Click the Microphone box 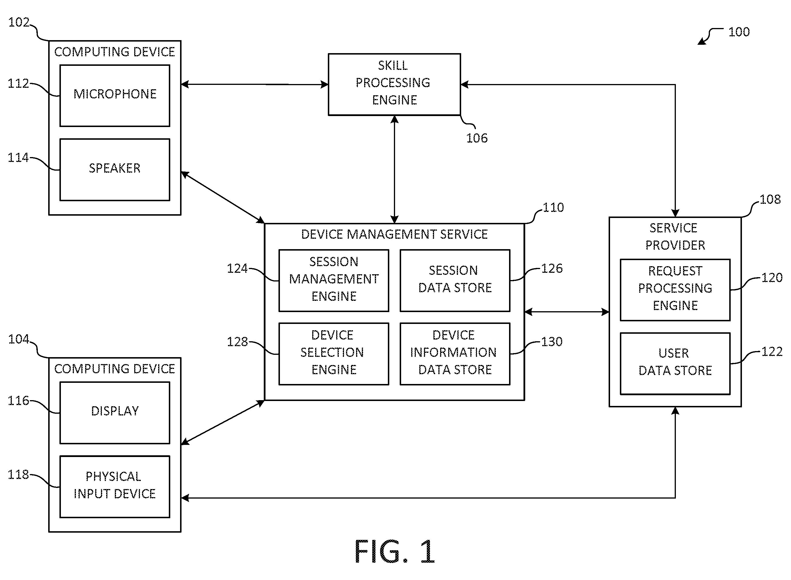(115, 96)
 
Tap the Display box (115, 413)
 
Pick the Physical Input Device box (115, 487)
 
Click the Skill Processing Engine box (394, 84)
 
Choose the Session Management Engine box (334, 281)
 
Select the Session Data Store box (455, 281)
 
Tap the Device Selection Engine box (334, 354)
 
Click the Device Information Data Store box (455, 354)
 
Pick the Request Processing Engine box (675, 290)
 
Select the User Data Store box (675, 364)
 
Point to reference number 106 (476, 138)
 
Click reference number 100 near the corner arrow (739, 32)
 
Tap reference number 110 (553, 208)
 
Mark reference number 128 (237, 342)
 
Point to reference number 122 (772, 351)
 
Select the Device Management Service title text (394, 234)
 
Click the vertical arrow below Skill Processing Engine (394, 169)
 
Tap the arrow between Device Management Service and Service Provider (567, 312)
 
